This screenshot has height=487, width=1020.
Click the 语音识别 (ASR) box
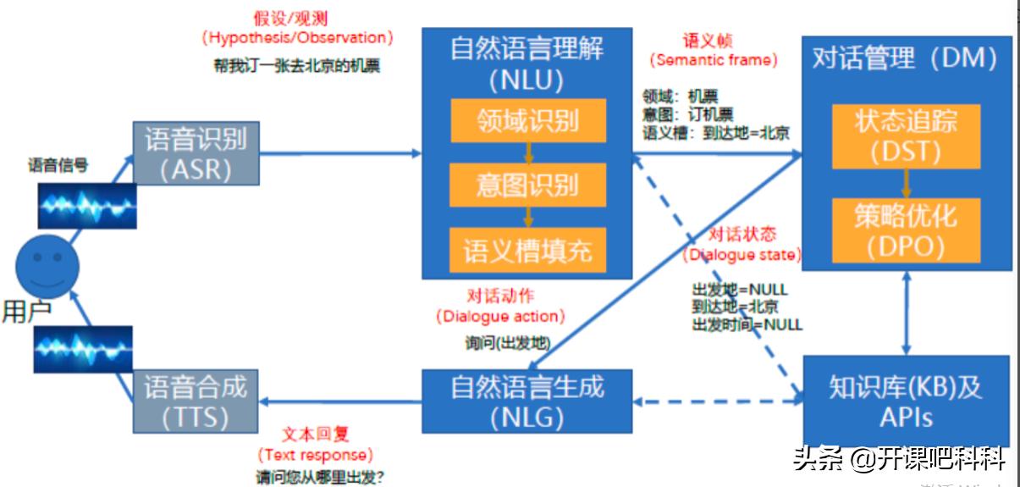tap(196, 153)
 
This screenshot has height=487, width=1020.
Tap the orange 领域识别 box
tap(527, 120)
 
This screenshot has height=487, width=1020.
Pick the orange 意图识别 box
tap(527, 185)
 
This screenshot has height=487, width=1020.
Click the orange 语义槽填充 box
tap(527, 249)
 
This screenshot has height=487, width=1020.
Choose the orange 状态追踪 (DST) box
tap(907, 136)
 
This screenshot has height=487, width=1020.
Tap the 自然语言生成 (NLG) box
tap(527, 401)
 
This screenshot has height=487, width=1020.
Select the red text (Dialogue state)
tap(742, 254)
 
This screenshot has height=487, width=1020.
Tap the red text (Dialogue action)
tap(500, 317)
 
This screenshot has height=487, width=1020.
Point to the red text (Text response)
tap(315, 456)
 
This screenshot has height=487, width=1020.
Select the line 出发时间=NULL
tap(747, 324)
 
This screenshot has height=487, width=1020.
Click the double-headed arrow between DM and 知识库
tap(907, 313)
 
